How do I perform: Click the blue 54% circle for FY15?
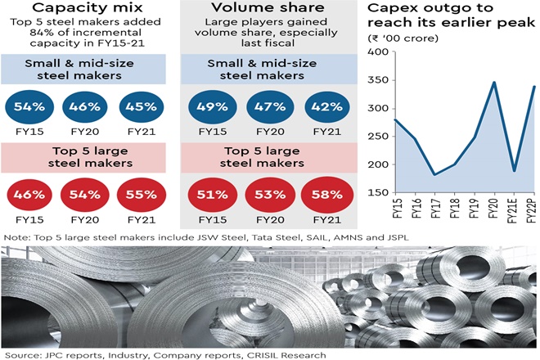tap(27, 107)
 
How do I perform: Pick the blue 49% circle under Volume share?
tap(212, 107)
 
